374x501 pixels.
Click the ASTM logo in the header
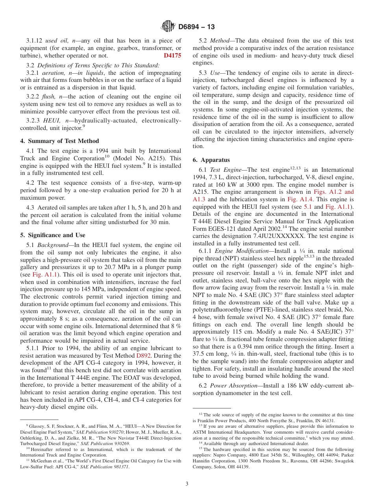pos(168,27)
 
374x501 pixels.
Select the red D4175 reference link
pos(172,56)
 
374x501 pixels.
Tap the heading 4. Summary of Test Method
pos(59,141)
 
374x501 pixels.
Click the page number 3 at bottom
pos(187,484)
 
